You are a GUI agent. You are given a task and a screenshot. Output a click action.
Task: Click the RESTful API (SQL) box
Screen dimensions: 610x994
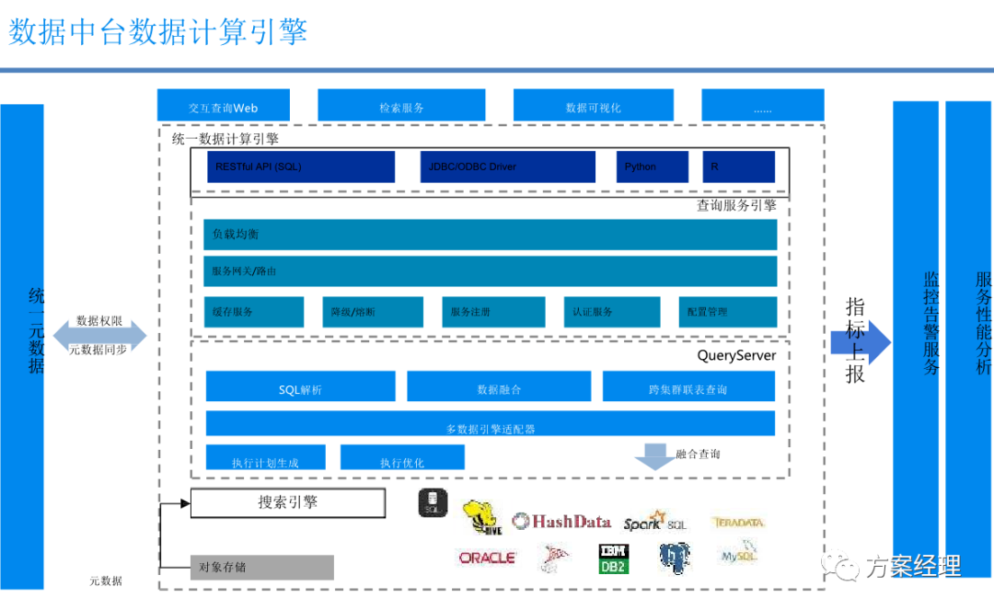coord(293,167)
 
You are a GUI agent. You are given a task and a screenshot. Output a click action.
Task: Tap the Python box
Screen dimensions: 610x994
coord(652,167)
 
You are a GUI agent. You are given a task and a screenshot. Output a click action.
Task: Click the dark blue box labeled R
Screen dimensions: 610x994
coord(738,167)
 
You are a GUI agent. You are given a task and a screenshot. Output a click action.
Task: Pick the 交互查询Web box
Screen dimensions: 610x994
coord(224,108)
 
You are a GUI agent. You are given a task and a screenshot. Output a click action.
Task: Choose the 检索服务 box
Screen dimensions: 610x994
coord(402,108)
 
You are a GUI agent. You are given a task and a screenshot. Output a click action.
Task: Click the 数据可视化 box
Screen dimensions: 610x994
coord(593,108)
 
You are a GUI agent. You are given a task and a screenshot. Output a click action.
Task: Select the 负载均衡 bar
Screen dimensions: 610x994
coord(490,235)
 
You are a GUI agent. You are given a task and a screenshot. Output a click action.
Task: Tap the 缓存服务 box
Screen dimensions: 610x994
coord(254,312)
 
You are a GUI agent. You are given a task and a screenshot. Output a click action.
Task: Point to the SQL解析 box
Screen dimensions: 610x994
coord(300,387)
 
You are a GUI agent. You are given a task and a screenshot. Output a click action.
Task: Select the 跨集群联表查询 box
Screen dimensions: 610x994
coord(688,387)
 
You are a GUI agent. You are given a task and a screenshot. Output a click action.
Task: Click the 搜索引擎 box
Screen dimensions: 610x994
coord(287,503)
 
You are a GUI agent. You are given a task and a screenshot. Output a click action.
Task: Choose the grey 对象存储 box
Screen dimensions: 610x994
coord(261,567)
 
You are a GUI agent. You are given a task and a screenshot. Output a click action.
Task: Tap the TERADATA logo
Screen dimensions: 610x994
coord(738,523)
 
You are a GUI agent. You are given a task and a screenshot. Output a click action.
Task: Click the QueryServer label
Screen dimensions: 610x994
coord(736,355)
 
